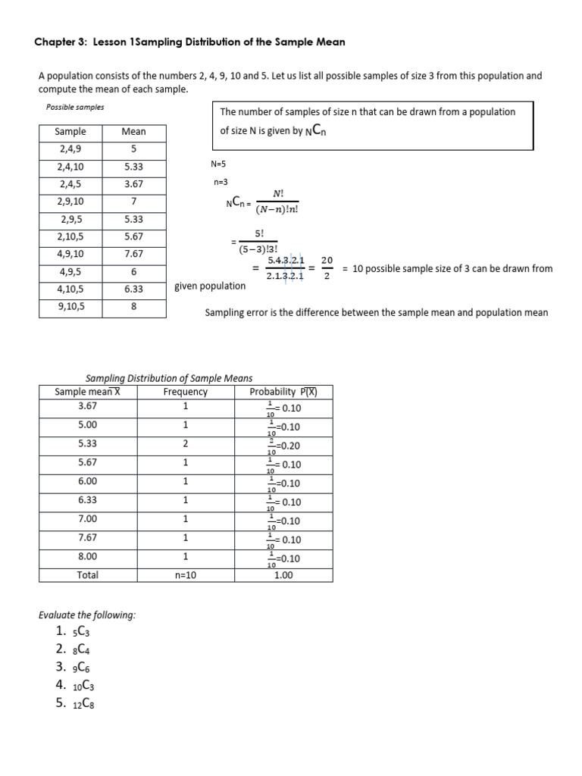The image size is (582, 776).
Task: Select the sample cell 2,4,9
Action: point(70,149)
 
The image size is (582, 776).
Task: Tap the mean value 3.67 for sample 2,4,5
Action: point(133,184)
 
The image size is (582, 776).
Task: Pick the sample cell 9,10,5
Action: point(70,307)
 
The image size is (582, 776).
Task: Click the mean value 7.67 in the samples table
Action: point(133,254)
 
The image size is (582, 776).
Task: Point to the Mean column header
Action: point(133,131)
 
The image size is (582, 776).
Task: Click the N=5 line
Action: point(218,164)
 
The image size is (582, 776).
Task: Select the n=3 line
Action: point(221,183)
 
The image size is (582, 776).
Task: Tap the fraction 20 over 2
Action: point(327,268)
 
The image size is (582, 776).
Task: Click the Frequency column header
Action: point(185,392)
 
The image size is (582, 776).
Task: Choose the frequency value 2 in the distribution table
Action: point(185,443)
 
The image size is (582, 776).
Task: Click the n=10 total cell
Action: point(185,575)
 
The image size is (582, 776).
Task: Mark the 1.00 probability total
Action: point(284,575)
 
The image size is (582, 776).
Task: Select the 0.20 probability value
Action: point(288,446)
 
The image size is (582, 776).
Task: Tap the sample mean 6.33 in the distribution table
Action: point(88,499)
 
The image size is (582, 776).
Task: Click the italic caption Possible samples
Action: point(75,107)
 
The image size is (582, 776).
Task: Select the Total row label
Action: point(88,575)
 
